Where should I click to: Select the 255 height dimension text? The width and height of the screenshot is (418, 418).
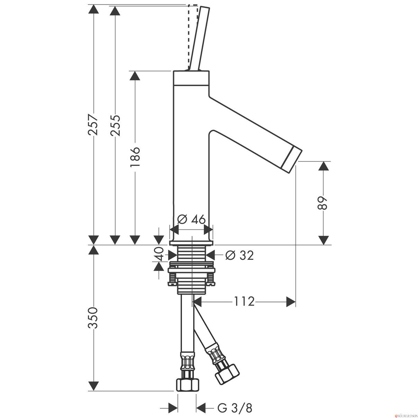tap(115, 125)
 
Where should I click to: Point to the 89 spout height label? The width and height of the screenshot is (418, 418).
tap(322, 203)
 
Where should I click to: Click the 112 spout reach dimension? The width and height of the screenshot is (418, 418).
tap(244, 301)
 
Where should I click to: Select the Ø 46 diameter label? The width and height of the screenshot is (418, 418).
tap(191, 220)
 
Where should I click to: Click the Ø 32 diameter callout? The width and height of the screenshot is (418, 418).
tap(239, 255)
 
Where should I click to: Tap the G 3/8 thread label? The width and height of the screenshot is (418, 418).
tap(235, 408)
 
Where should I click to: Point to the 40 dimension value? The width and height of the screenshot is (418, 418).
tap(160, 254)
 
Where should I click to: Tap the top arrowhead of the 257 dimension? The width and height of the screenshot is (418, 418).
tap(93, 10)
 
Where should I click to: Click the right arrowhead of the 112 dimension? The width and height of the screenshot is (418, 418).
tap(291, 302)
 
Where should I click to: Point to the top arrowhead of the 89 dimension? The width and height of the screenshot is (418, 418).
tap(323, 167)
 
